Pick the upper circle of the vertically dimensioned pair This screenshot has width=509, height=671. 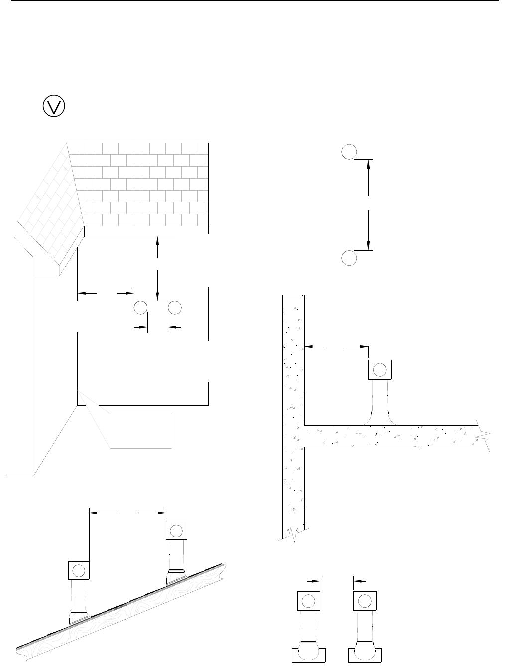pos(349,152)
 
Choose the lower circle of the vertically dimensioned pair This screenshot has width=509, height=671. pos(349,258)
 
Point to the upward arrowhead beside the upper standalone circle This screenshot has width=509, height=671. pos(368,164)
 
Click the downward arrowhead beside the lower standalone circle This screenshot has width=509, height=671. pos(368,245)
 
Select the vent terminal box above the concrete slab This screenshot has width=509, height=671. pos(380,370)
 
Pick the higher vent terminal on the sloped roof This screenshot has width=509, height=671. pos(176,531)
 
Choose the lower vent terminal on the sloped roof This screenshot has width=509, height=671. pos(79,570)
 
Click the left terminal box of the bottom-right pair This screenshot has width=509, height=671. pos(309,601)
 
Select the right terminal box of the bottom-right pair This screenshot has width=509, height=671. pos(365,601)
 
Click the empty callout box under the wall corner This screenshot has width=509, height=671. pos(141,431)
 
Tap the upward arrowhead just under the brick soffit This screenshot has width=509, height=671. pos(157,241)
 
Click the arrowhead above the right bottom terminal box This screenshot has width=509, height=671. pos(357,580)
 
